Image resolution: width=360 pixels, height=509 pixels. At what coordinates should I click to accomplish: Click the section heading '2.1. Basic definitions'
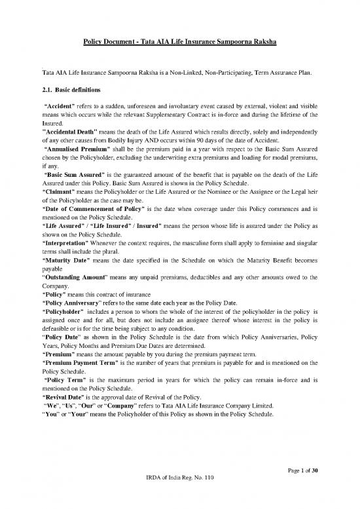pos(72,90)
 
